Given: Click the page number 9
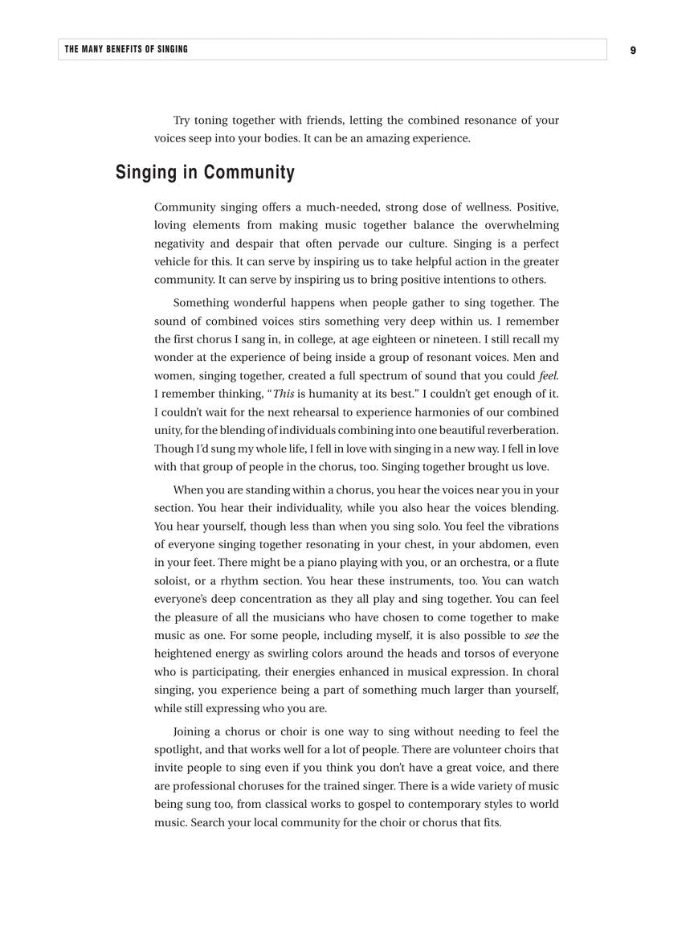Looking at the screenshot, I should coord(633,50).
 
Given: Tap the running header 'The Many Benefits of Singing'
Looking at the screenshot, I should coord(126,49).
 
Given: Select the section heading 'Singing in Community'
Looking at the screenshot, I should coord(205,172).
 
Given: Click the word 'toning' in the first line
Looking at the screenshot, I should coord(210,120).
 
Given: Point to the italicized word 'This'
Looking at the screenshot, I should coord(284,394).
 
